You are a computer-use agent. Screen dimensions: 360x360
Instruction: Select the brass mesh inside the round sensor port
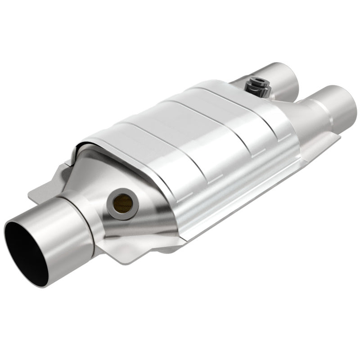click(123, 203)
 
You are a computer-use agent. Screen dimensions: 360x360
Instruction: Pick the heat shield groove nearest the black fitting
click(234, 97)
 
